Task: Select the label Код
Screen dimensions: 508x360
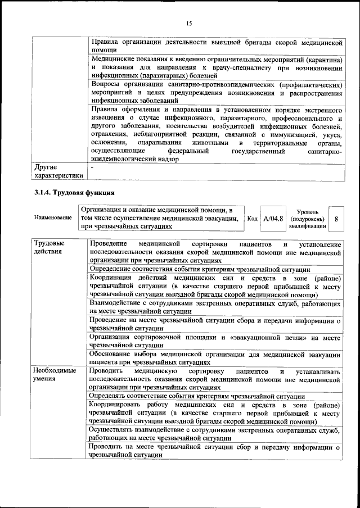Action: click(253, 218)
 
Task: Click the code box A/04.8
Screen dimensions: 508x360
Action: click(273, 218)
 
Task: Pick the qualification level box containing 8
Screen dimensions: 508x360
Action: click(336, 218)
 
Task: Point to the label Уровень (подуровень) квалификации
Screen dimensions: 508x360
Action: click(307, 218)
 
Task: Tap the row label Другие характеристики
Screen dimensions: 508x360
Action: click(58, 171)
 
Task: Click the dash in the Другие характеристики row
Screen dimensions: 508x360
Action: click(93, 167)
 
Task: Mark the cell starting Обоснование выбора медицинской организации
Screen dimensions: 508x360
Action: click(215, 358)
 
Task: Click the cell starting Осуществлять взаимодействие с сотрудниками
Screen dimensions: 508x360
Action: click(215, 433)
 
